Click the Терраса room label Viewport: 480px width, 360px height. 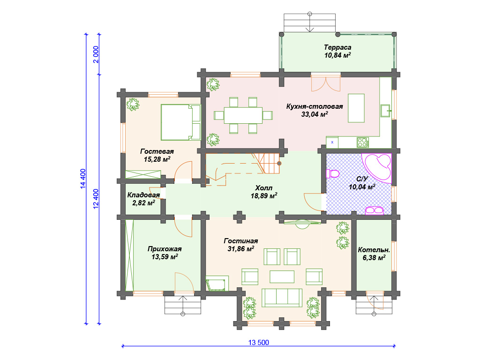point(337,47)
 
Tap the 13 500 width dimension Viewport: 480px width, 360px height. point(258,343)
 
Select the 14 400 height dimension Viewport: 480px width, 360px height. point(83,179)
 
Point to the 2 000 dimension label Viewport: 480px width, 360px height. point(96,54)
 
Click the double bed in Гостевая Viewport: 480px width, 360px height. point(180,122)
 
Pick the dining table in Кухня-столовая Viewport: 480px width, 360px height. point(243,115)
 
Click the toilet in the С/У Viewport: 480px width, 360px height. point(333,173)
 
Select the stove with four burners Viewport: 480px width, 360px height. point(362,142)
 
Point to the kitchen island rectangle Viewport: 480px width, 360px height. point(356,108)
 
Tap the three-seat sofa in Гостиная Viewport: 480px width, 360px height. point(282,298)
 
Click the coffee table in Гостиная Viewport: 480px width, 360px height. point(282,277)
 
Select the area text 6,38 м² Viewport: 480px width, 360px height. point(374,258)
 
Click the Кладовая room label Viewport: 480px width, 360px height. point(143,195)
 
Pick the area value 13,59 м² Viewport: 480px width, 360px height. point(165,257)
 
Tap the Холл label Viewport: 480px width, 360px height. point(263,187)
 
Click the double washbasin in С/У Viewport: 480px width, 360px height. point(375,210)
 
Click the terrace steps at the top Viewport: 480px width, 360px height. point(309,22)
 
